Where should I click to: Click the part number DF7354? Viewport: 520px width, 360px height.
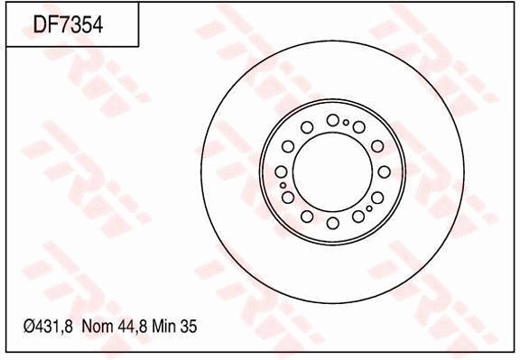coord(68,25)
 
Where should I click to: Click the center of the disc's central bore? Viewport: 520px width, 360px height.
coord(332,171)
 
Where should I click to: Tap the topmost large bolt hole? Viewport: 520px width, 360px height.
coord(333,120)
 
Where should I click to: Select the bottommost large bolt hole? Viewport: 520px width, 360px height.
coord(333,223)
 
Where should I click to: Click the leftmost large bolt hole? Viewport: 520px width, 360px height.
coord(281,171)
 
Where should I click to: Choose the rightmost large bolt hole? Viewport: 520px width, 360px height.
coord(384,171)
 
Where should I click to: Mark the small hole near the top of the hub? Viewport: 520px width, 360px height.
coord(346,122)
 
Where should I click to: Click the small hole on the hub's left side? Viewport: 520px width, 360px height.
coord(283,185)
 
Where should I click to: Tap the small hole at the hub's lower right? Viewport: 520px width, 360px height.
coord(370,208)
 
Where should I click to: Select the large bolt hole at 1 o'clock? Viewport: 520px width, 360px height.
coord(358,126)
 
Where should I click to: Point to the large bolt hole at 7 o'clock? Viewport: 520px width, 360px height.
coord(307,217)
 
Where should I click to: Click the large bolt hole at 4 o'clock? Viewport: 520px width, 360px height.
coord(377,197)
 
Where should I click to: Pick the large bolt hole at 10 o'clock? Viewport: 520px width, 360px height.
coord(288,146)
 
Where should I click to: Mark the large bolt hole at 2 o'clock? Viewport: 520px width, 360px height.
coord(377,146)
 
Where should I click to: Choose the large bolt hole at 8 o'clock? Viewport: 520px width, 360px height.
coord(288,197)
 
